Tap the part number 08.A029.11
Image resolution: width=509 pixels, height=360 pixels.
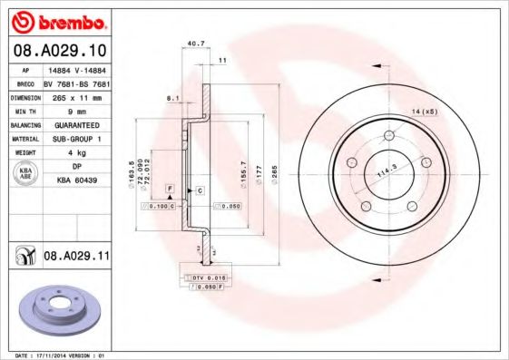tap(75, 258)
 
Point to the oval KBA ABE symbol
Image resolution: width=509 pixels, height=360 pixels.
tap(24, 174)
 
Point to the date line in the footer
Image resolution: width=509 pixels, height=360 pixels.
tap(56, 355)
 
